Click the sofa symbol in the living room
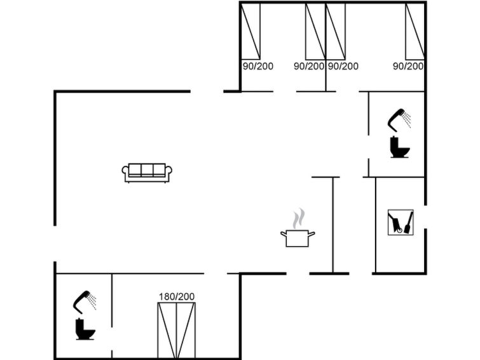click(147, 173)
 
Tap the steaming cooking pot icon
click(298, 228)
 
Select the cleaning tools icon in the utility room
click(401, 223)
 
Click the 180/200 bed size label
click(177, 296)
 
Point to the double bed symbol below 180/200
click(176, 330)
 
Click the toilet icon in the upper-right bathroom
click(400, 147)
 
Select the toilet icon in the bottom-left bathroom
click(85, 329)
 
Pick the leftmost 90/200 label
click(257, 66)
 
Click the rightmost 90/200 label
click(408, 66)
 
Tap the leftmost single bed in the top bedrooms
click(250, 31)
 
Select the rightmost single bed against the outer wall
click(415, 31)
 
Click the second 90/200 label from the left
click(309, 66)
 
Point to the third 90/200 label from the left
click(343, 66)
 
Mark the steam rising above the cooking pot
click(298, 219)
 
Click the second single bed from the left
click(315, 31)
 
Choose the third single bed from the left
click(336, 31)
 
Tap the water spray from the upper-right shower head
click(407, 120)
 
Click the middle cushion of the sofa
click(147, 169)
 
